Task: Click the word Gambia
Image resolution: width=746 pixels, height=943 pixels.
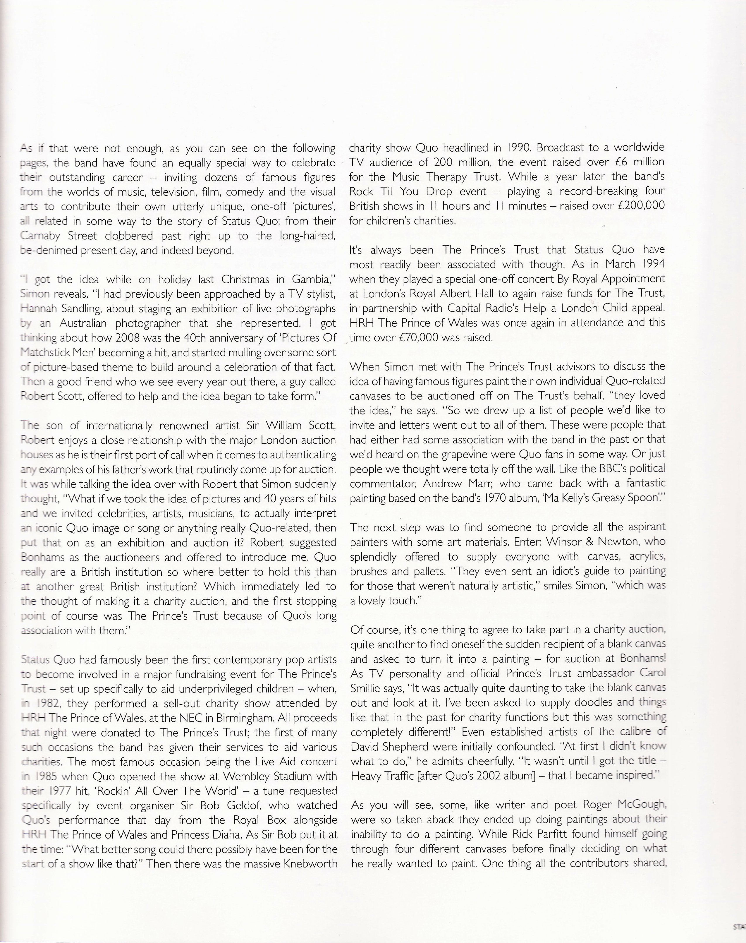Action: click(x=314, y=280)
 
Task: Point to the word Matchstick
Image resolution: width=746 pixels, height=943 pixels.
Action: click(x=42, y=353)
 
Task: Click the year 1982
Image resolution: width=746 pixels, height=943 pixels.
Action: click(x=47, y=704)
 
